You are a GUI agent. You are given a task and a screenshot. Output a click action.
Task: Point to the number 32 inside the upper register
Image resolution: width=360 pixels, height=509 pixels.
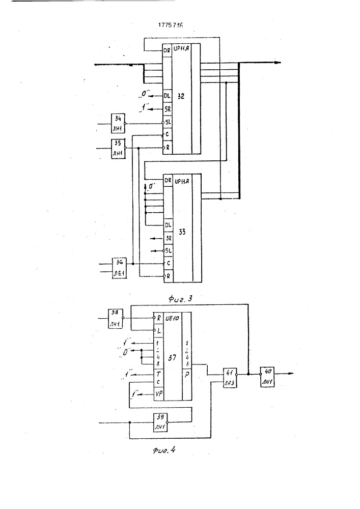point(181,95)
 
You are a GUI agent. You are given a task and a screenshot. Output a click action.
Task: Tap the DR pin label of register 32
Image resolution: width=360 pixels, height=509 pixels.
point(167,50)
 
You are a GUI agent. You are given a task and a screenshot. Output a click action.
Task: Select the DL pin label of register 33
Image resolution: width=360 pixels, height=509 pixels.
point(167,224)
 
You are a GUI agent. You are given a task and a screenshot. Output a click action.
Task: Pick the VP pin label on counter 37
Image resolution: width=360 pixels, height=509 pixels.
point(158,394)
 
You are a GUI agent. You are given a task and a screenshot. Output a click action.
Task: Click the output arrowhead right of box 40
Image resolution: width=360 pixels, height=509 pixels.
point(291,374)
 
